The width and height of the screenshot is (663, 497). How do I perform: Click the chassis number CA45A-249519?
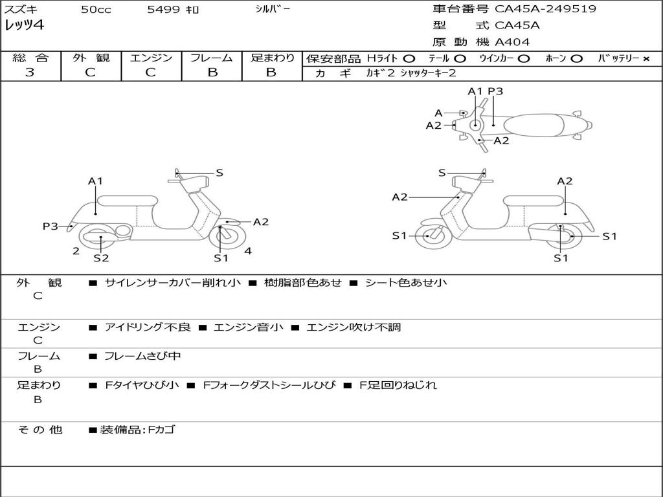coord(545,9)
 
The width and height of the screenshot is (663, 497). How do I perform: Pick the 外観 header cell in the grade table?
coord(91,58)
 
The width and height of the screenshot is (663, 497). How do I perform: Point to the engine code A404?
coord(512,42)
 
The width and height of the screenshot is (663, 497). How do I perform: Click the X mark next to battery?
coord(646,58)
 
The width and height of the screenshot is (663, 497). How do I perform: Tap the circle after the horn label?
coord(576,58)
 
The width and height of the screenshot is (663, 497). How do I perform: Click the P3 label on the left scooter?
coord(51,226)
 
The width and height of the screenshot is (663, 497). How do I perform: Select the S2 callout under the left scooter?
coord(101,258)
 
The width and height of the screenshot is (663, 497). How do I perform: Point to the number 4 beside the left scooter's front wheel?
coord(248,250)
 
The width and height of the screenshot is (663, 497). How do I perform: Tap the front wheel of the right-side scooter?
coord(432,236)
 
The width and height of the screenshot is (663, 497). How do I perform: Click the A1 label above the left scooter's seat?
coord(96,181)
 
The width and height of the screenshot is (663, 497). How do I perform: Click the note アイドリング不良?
coord(148,327)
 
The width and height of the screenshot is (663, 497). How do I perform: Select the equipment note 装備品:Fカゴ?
coord(137,430)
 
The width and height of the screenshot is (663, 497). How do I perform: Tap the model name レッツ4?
coord(24,26)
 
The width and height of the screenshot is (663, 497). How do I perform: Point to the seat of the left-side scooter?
coord(128,200)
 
